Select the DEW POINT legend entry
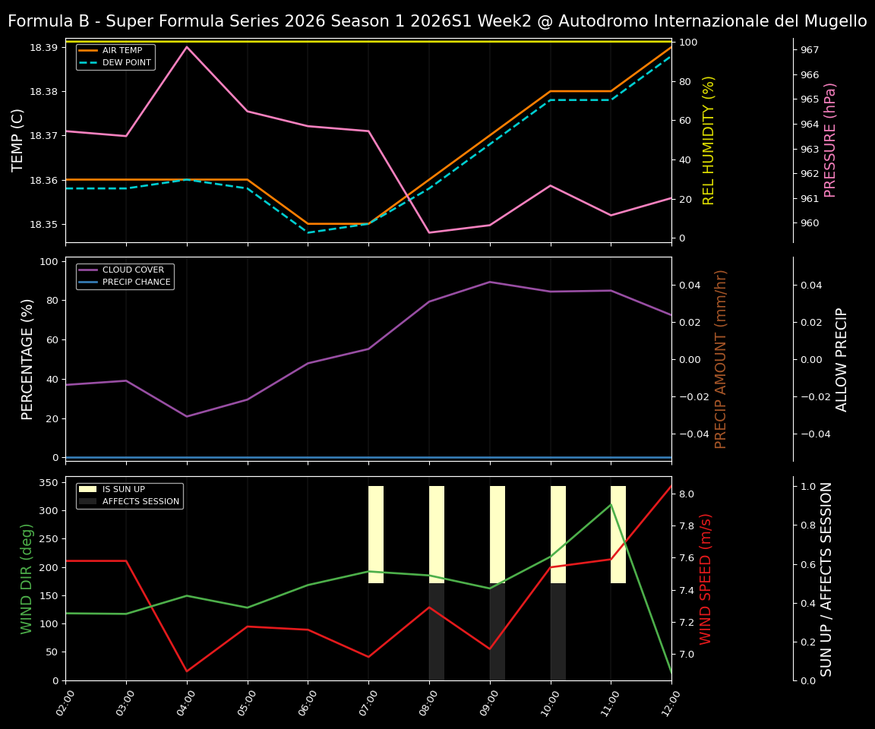click(x=115, y=62)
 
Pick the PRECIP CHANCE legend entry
click(x=125, y=282)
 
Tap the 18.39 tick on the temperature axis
click(x=43, y=47)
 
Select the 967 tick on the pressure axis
click(x=810, y=50)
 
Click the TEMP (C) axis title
click(x=18, y=140)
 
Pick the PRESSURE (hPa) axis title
click(x=830, y=140)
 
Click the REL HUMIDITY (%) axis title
click(x=709, y=140)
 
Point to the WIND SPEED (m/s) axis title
click(x=706, y=579)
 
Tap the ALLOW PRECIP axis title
click(x=842, y=359)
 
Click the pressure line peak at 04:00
click(x=187, y=47)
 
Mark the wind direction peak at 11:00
click(x=611, y=504)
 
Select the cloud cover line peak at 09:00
click(x=490, y=282)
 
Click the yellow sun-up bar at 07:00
click(x=376, y=535)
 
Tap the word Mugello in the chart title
click(x=831, y=21)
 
